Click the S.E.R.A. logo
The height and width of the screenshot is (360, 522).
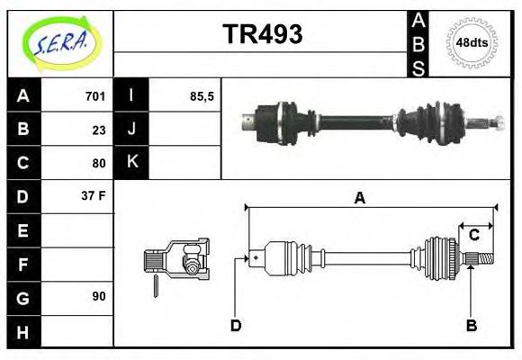[59, 42]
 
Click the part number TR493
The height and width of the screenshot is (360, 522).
[262, 34]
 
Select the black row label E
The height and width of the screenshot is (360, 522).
[22, 230]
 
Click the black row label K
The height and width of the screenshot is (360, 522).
[132, 163]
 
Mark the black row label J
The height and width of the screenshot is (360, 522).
[132, 130]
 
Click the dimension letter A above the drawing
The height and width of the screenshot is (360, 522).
[359, 199]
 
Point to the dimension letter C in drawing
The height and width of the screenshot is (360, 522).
[473, 236]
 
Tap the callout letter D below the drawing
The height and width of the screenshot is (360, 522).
[236, 325]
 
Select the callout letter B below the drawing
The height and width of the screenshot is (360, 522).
[471, 325]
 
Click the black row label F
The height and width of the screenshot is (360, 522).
[22, 264]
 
